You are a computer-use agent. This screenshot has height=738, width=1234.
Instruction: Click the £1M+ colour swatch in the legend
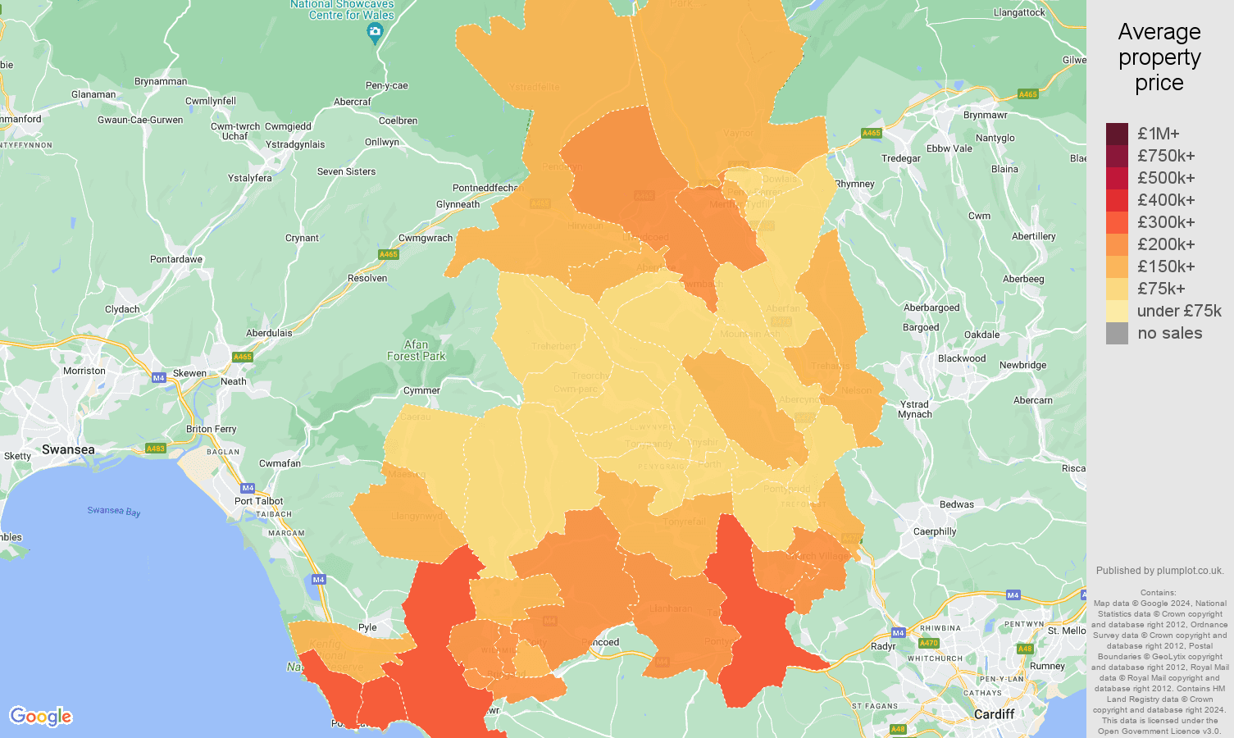tap(1117, 134)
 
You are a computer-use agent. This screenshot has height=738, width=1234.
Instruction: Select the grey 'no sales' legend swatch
tap(1117, 333)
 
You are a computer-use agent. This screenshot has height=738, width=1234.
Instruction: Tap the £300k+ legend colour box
tap(1117, 222)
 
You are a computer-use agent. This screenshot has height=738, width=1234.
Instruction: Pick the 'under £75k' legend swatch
tap(1117, 311)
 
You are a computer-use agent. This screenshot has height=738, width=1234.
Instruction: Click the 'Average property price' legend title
tap(1159, 57)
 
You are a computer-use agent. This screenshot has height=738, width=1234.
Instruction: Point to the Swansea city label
tap(68, 449)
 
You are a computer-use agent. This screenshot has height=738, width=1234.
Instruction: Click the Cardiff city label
tap(994, 714)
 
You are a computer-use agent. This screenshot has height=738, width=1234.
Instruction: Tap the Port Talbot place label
tap(258, 501)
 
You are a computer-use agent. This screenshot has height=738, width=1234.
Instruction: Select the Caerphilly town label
tap(935, 531)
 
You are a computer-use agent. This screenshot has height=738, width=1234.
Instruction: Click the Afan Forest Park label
tap(416, 350)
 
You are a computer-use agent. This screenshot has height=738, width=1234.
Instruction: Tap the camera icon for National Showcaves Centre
tap(375, 34)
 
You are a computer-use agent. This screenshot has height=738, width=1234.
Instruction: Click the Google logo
tap(41, 717)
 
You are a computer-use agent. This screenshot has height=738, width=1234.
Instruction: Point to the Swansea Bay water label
tap(114, 511)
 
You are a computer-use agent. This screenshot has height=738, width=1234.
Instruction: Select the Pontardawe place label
tap(176, 259)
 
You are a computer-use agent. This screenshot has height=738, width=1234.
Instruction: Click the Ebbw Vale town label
tap(949, 148)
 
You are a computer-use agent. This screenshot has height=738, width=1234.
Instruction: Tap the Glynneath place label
tap(458, 204)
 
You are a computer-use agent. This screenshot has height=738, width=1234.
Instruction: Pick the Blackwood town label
tap(962, 358)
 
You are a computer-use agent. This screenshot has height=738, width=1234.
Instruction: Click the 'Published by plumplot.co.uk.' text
tap(1159, 571)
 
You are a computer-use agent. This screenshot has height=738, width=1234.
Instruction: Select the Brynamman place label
tap(161, 81)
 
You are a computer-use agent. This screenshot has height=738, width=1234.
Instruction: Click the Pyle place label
tap(367, 627)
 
